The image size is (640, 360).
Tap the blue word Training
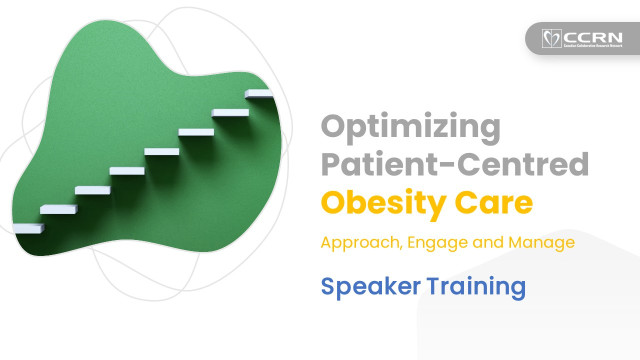476,286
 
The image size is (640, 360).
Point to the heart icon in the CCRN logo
548,39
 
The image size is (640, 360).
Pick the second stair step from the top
229,112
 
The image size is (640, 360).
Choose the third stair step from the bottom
92,189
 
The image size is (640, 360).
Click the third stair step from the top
195,131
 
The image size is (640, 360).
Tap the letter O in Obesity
333,202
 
